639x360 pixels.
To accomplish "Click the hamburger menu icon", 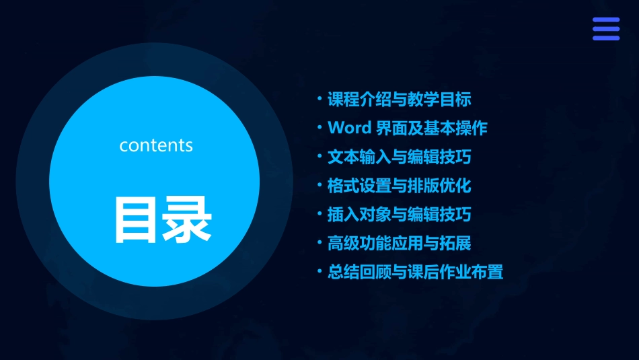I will coord(605,29).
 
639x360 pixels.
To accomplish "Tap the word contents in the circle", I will coord(156,145).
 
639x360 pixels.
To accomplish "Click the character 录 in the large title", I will coord(188,219).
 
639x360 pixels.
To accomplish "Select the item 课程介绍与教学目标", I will coord(399,100).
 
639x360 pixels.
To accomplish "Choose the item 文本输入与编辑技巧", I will coord(399,157).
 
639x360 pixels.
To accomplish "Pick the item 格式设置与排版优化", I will coord(399,186).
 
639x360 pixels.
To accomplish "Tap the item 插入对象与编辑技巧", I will coord(399,215).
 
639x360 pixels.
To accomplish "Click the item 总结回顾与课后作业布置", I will coord(415,273).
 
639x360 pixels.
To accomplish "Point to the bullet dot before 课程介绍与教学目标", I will coord(320,99).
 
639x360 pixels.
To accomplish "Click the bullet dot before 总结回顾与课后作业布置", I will coord(320,272).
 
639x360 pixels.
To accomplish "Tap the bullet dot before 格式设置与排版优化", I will coord(320,185).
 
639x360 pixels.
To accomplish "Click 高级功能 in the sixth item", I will coord(359,244).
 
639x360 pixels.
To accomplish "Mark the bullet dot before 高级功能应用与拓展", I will coord(320,243).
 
